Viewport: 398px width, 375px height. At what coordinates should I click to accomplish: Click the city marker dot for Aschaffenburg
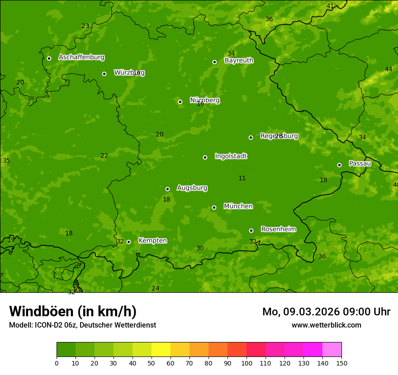coord(49,58)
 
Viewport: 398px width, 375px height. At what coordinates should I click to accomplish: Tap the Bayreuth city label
coord(239,61)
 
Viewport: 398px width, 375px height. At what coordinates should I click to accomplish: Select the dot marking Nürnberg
coord(180,102)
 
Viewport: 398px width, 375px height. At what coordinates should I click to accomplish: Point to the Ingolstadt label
coord(231,156)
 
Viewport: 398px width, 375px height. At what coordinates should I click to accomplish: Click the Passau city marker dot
coord(339,165)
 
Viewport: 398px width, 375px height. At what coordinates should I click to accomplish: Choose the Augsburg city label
coord(192,187)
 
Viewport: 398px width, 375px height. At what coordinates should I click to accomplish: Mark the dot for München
coord(214,207)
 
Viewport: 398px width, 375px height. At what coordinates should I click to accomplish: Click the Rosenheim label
coord(279,229)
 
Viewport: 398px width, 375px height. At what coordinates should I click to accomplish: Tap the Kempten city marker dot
coord(128,242)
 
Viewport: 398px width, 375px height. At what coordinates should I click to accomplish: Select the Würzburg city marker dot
coord(104,74)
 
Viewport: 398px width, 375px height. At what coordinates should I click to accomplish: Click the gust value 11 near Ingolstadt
coord(242,178)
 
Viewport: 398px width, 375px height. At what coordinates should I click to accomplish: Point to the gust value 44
coord(389,69)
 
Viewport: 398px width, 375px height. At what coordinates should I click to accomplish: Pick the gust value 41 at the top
coord(330,6)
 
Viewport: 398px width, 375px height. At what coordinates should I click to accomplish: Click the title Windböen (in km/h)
coord(73,311)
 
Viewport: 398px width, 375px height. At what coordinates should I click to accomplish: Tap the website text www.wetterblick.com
coord(326,325)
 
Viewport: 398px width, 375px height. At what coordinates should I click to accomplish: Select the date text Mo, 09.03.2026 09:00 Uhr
coord(326,312)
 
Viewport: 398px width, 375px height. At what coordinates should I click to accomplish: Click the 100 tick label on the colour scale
coord(246,363)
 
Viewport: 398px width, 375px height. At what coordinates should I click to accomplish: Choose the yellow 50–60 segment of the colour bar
coord(161,349)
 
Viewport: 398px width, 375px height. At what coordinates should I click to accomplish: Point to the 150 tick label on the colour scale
coord(341,363)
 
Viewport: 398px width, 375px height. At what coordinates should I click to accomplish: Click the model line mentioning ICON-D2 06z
coord(82,325)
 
